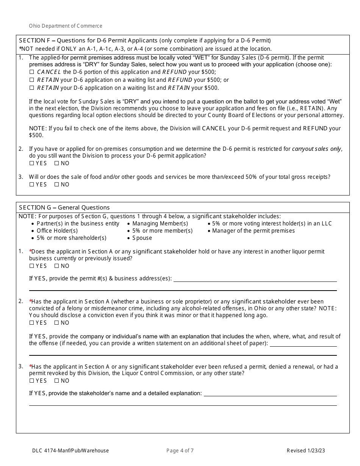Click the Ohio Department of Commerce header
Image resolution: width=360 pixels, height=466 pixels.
click(66, 26)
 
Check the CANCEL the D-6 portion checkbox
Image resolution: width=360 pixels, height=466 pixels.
click(32, 72)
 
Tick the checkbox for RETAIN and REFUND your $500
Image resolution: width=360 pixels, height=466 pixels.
click(32, 80)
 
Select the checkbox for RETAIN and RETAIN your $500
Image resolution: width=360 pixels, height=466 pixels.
click(32, 88)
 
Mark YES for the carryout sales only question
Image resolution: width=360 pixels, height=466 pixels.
click(32, 163)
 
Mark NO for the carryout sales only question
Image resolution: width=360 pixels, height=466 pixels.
click(57, 163)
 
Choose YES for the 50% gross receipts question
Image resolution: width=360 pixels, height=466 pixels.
click(32, 185)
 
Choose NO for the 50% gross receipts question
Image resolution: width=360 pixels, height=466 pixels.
click(57, 185)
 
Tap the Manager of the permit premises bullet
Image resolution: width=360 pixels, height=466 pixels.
click(253, 231)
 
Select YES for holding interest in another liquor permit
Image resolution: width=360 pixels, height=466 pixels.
click(32, 266)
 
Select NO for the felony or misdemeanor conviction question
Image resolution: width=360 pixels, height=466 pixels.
click(57, 323)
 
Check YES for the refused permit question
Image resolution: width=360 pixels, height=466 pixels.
click(32, 381)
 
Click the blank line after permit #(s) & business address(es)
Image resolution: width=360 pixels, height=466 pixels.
click(255, 279)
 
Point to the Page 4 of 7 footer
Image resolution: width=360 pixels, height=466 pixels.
click(180, 450)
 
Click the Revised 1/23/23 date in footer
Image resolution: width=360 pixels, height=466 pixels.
click(305, 450)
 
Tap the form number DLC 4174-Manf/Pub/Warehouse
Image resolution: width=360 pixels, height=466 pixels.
click(70, 450)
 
